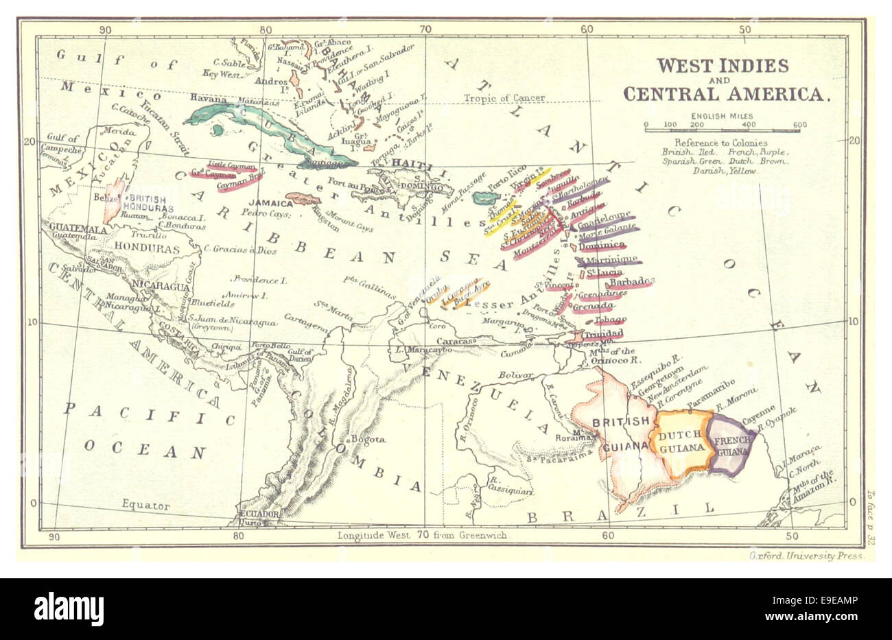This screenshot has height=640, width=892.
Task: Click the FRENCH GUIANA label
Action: (733, 446)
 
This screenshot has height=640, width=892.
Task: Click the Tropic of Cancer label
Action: (504, 98)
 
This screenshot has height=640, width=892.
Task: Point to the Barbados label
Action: (629, 282)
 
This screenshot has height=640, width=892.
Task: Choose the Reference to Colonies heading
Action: (710, 143)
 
